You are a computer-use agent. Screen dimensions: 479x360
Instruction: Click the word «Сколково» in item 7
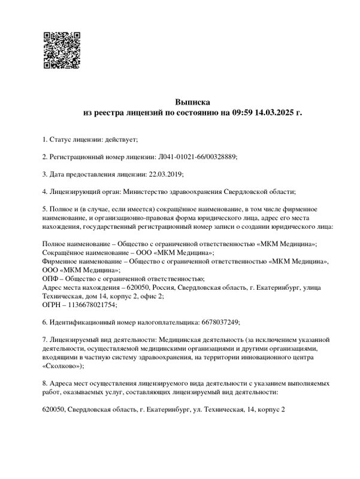62,366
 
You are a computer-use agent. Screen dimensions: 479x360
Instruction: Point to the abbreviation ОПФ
52,278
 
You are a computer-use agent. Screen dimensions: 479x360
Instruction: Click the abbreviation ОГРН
53,305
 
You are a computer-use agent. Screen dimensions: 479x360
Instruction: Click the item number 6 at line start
45,322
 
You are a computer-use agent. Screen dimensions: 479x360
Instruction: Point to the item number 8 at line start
45,383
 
